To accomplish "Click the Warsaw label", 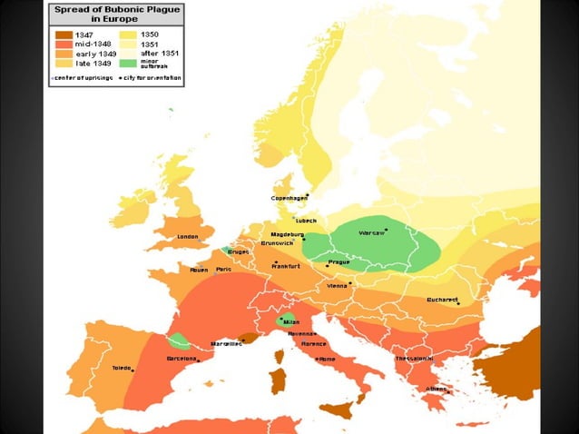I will (x=371, y=233).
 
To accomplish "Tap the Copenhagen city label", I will (x=289, y=198).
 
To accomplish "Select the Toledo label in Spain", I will (x=123, y=369).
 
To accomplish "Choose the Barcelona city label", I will (x=182, y=359).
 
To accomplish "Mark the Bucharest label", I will (x=442, y=299).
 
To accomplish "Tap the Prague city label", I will (x=338, y=262).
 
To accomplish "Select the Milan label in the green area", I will (x=290, y=322).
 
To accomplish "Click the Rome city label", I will (x=326, y=359).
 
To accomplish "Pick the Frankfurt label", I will (x=284, y=267).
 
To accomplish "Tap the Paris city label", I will (x=223, y=270).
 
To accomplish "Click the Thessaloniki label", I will (x=414, y=358).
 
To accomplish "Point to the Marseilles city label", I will (x=228, y=344).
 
